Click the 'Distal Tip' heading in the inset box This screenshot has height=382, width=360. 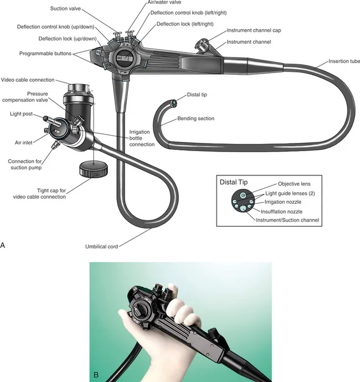tap(235, 182)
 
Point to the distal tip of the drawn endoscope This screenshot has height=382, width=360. tap(173, 102)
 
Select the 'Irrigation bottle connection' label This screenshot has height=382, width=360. tap(142, 138)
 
